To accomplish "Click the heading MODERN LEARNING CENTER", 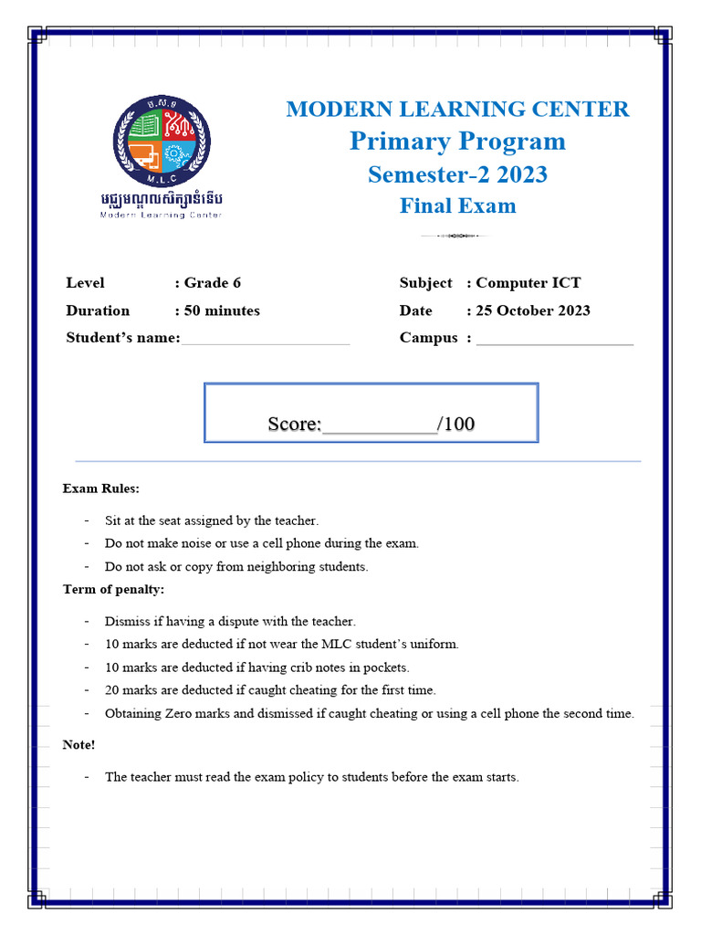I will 457,110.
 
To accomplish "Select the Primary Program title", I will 457,142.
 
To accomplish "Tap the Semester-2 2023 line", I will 457,174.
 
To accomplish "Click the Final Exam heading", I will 457,206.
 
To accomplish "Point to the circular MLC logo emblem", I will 162,142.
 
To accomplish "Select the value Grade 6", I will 213,283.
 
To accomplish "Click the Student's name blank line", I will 265,341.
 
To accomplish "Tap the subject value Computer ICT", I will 528,283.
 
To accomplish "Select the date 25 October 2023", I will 533,310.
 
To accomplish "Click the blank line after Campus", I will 554,341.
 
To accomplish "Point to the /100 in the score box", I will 456,425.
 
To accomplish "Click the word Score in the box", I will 293,425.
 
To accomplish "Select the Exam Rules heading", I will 101,489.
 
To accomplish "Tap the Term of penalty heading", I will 113,589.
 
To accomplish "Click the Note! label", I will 78,745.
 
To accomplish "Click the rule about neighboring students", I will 236,567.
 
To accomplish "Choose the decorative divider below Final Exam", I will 455,236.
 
